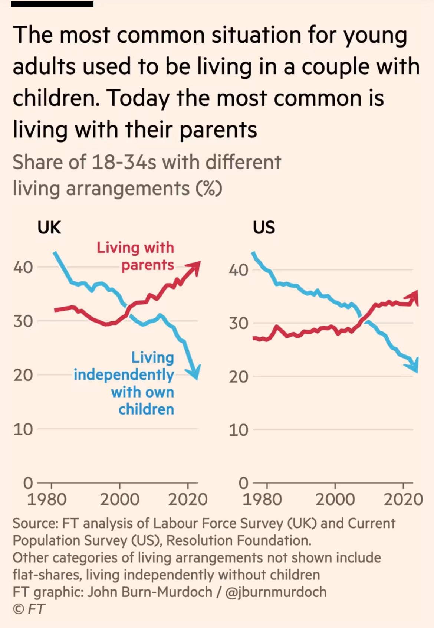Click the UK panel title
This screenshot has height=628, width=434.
click(x=49, y=227)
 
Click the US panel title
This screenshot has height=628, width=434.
click(x=264, y=227)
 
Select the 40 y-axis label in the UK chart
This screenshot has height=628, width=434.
click(x=23, y=267)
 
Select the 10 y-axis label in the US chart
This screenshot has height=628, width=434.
click(x=238, y=430)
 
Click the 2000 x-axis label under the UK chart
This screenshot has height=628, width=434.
click(x=119, y=500)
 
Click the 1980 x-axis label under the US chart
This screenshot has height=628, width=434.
click(x=262, y=500)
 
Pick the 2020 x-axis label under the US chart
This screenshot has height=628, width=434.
click(x=403, y=500)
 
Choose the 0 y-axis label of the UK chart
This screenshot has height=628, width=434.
click(x=28, y=483)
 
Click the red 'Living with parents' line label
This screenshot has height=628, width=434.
click(x=136, y=256)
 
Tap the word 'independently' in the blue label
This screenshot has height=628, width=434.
click(x=124, y=375)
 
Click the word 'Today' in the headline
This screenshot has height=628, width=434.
click(x=138, y=99)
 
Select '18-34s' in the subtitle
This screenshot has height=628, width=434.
click(x=124, y=163)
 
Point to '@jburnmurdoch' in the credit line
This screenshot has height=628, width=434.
click(x=276, y=592)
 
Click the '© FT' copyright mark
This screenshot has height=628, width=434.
click(x=29, y=609)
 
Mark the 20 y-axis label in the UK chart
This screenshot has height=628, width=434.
click(x=23, y=375)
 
